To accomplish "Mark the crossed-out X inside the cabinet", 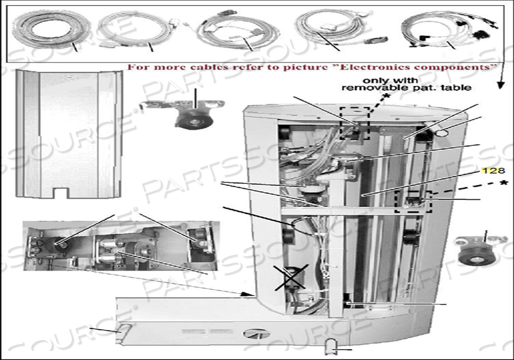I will (289, 277).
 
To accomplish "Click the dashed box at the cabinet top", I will (355, 123).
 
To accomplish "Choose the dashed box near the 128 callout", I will (414, 202).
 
